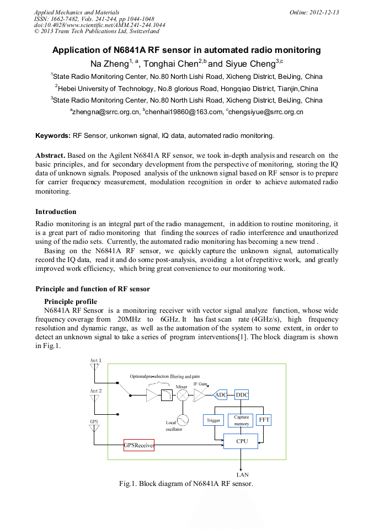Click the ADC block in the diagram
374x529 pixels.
pyautogui.click(x=221, y=395)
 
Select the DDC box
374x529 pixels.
pyautogui.click(x=242, y=395)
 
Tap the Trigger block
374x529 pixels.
pyautogui.click(x=213, y=420)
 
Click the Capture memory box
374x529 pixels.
pyautogui.click(x=242, y=420)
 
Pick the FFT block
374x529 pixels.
pyautogui.click(x=264, y=420)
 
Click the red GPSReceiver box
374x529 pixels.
pyautogui.click(x=138, y=445)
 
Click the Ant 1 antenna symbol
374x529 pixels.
pyautogui.click(x=95, y=366)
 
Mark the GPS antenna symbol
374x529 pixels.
pyautogui.click(x=95, y=428)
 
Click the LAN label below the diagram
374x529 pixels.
pyautogui.click(x=242, y=474)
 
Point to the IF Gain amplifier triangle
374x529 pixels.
pyautogui.click(x=200, y=395)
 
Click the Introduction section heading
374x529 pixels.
pyautogui.click(x=56, y=212)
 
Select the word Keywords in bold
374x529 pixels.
pyautogui.click(x=53, y=135)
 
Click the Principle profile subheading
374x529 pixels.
pyautogui.click(x=71, y=302)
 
